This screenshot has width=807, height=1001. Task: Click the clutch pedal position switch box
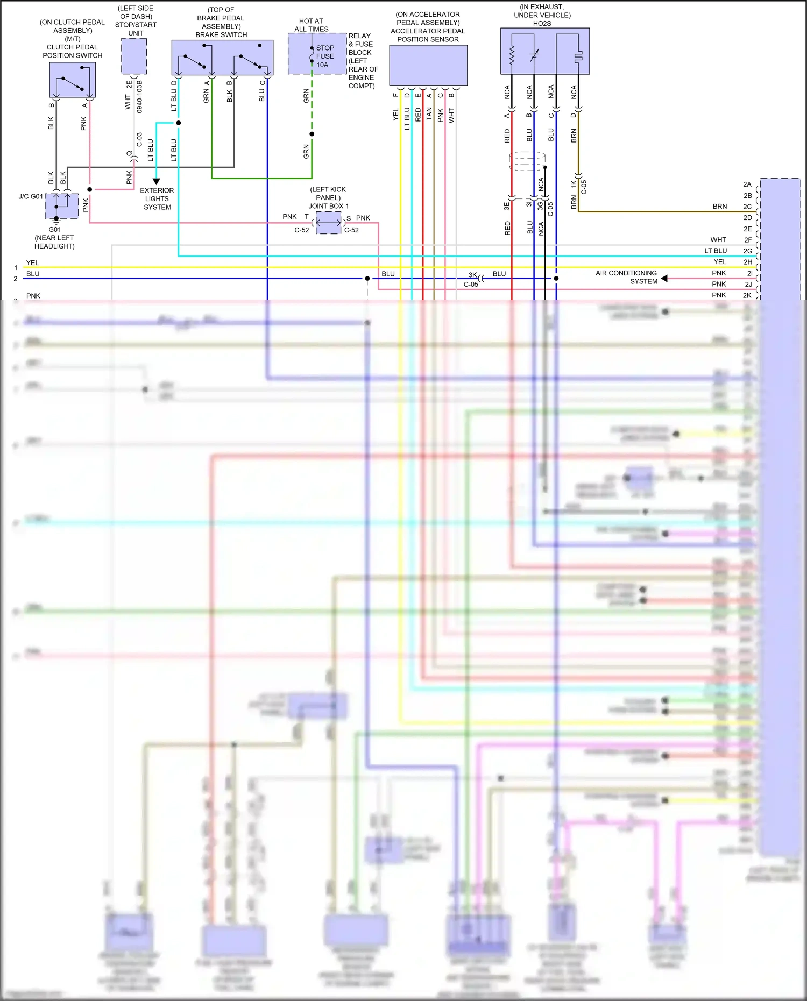pos(73,80)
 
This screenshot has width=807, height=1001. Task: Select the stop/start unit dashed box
pos(134,56)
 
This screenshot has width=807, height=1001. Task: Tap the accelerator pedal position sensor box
pos(428,65)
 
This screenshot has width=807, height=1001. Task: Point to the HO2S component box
pos(545,51)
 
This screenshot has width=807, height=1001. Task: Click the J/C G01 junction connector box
pos(61,206)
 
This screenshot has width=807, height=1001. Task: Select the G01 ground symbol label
pos(54,229)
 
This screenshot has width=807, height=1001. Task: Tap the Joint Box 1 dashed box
pos(328,222)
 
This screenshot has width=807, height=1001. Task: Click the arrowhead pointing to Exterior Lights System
pos(156,182)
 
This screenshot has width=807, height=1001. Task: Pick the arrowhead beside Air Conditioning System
pos(664,278)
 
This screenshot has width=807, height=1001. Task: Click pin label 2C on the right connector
pos(747,207)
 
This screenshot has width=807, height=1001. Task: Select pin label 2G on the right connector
pos(747,251)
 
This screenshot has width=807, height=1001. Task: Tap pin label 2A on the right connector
pos(747,184)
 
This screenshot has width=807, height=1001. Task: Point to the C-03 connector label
pos(139,140)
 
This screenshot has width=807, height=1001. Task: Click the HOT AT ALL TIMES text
pos(311,25)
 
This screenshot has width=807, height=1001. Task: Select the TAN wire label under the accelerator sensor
pos(429,113)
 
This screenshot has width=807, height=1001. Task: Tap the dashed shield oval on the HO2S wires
pos(527,161)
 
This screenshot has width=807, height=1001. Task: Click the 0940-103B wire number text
pos(139,97)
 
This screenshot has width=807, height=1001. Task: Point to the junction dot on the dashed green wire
pos(312,134)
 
